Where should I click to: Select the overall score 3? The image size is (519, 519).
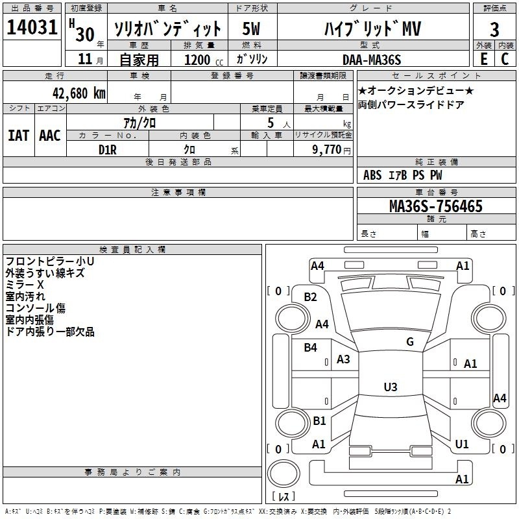[x=494, y=29]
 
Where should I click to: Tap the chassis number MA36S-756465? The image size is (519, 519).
[x=435, y=206]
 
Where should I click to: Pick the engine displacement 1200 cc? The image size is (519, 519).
[x=197, y=60]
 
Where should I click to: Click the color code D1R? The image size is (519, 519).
[x=107, y=149]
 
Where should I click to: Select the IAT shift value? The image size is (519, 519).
[x=18, y=135]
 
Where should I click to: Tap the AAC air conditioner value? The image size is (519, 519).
[x=50, y=135]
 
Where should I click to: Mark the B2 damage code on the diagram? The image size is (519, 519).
[x=311, y=297]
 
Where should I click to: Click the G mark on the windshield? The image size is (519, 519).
[x=410, y=342]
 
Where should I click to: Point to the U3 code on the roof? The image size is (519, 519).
[x=390, y=387]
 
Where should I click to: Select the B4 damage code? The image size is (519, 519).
[x=311, y=348]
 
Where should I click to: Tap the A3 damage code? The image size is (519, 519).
[x=343, y=359]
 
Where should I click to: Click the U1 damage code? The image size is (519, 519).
[x=462, y=444]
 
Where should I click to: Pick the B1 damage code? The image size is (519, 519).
[x=319, y=421]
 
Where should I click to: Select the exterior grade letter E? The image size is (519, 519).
[x=483, y=58]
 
